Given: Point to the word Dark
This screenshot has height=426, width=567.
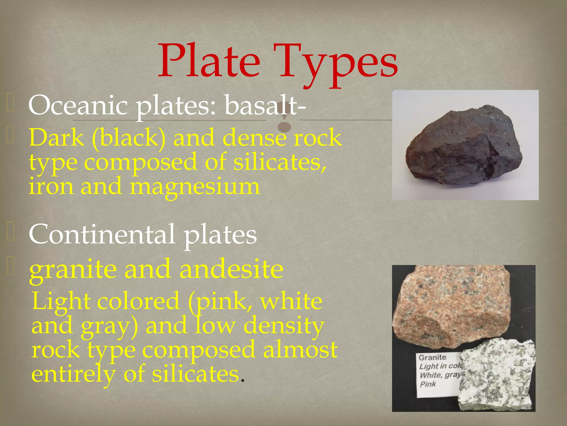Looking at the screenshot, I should pos(57,138).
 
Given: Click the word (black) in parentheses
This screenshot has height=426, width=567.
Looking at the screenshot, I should pos(129,138).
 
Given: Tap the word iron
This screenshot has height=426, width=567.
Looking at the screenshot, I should pos(51,186).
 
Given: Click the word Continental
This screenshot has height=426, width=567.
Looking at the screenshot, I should pos(102,235).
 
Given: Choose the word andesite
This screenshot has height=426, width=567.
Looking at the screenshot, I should pos(231,269).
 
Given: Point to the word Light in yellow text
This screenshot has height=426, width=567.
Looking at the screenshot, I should pos(61,302).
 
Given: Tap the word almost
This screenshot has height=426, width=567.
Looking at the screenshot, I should pos(300,350).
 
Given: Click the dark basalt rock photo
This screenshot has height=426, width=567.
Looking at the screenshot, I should pos(464,146).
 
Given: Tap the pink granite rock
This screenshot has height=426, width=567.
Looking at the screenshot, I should pos(451,305).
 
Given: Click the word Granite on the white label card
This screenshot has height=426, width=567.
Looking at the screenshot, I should pos(432,357).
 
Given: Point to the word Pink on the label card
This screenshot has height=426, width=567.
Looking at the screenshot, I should pos(428,384).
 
